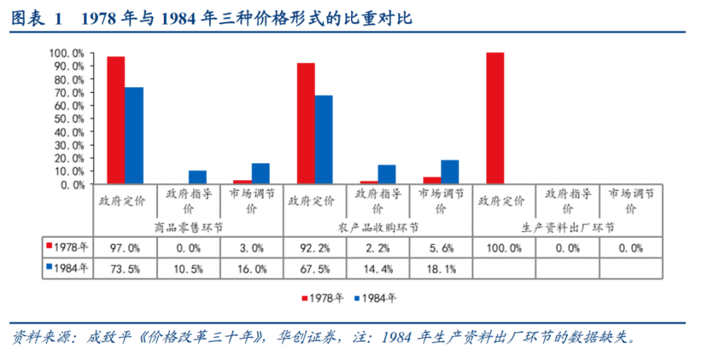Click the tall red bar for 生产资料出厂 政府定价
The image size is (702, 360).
coord(495,119)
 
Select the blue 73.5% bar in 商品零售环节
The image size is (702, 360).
coord(134,135)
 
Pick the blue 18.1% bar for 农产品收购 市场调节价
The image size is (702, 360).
coord(450,172)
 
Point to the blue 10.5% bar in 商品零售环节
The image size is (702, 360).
coord(197,177)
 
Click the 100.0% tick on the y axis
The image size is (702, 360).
coord(67,53)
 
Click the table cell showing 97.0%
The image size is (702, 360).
coord(124,247)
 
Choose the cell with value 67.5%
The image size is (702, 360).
coord(314,269)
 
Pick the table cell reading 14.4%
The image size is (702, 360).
coord(377,269)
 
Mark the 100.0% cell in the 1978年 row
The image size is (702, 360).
coord(504,247)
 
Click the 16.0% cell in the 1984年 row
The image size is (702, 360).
coord(251,269)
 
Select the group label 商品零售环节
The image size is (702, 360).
coord(188,228)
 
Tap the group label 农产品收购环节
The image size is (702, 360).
coord(377,228)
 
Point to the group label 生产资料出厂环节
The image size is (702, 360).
coord(567,228)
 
